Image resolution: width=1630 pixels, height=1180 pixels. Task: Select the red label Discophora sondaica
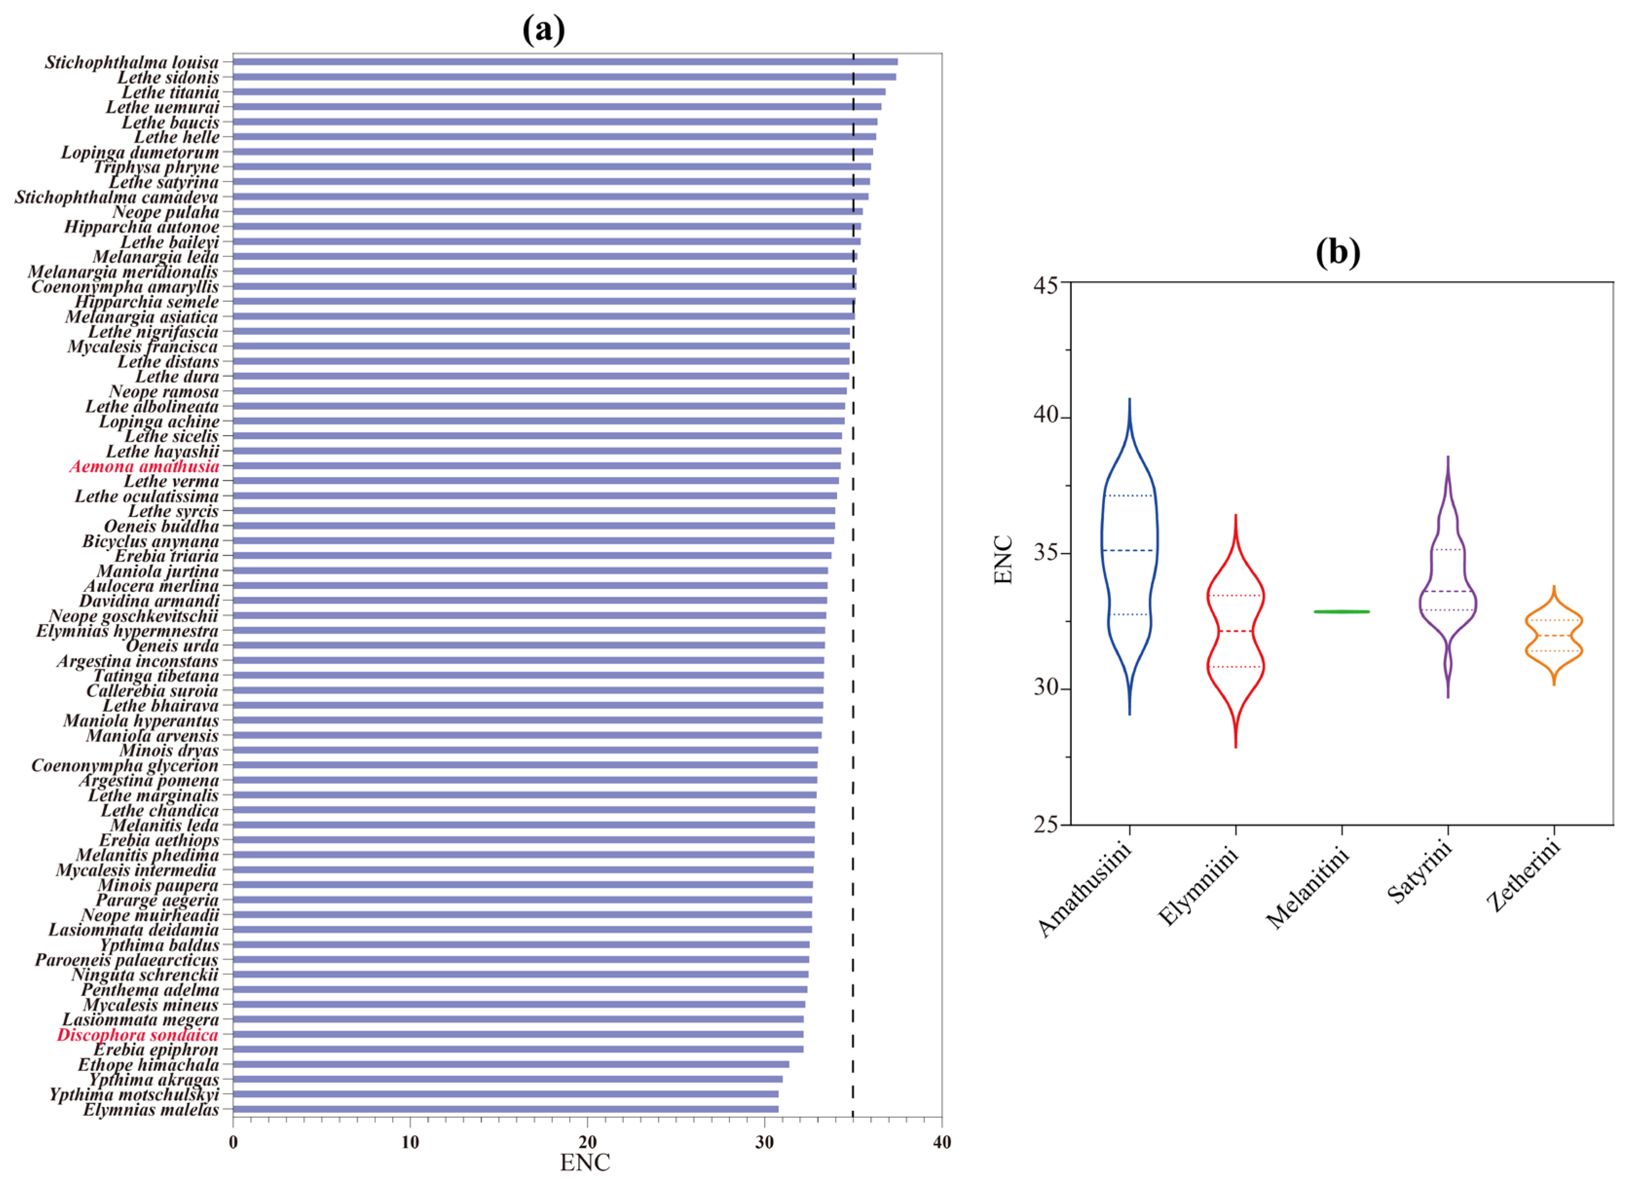tap(137, 1035)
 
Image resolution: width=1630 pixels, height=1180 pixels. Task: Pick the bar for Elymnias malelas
tap(505, 1109)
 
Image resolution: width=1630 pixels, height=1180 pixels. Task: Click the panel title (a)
tap(543, 30)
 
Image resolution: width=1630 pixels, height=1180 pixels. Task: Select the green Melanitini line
tap(1341, 612)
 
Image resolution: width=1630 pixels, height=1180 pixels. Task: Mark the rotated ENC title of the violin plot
tap(1003, 559)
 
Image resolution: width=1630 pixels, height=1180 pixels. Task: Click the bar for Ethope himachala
tap(510, 1064)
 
